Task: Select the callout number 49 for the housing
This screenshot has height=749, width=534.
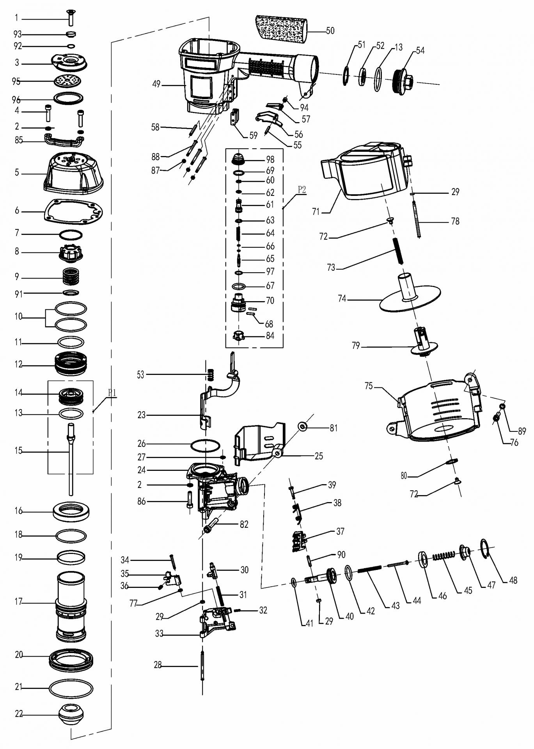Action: coord(156,84)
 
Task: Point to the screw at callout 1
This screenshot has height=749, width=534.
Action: coord(71,16)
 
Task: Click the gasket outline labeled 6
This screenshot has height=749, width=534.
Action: coord(73,211)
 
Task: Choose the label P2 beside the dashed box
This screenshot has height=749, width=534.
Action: coord(302,190)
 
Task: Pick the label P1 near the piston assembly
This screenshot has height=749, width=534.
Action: coord(112,392)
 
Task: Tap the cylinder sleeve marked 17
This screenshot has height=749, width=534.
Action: coord(71,607)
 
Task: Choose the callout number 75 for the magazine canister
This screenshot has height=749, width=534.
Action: coord(369,386)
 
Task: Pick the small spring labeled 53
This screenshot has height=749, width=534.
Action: coord(211,374)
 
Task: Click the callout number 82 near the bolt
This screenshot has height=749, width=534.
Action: coord(244,525)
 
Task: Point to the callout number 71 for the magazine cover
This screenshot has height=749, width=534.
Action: coord(316,212)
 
